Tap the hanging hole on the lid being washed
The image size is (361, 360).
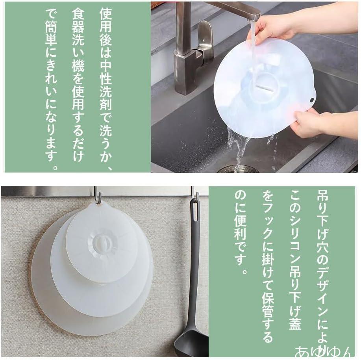(x=312, y=100)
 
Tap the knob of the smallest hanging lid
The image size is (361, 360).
(x=100, y=243)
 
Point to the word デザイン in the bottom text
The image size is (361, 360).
(x=322, y=292)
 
